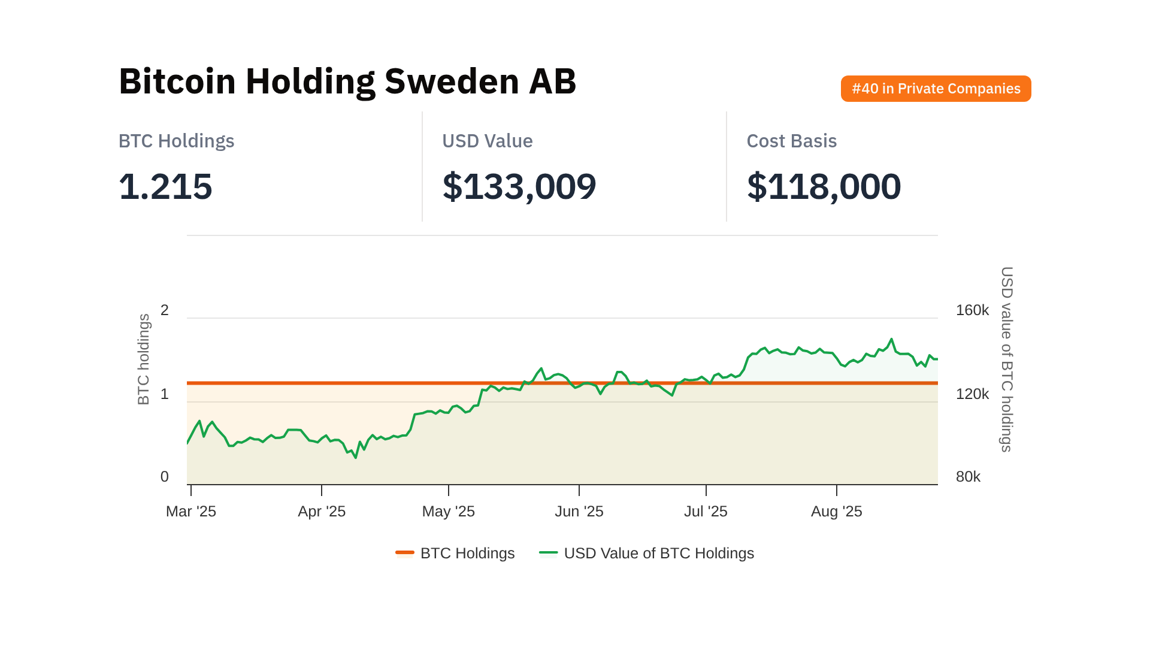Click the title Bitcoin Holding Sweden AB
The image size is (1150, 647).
click(x=347, y=81)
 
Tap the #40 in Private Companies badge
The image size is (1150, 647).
click(x=936, y=89)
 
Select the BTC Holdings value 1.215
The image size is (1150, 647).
click(x=165, y=186)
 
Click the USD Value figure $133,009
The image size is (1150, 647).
click(x=519, y=186)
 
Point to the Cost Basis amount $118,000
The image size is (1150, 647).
click(x=824, y=186)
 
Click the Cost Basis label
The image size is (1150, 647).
click(x=791, y=141)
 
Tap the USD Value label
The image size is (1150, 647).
click(x=487, y=141)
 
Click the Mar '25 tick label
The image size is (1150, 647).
click(x=190, y=511)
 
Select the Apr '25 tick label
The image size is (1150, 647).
click(x=322, y=511)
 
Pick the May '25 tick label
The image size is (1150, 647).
click(x=448, y=511)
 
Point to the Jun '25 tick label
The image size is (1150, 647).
click(x=579, y=511)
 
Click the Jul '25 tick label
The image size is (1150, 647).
click(x=706, y=511)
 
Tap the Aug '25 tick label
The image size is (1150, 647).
click(x=836, y=511)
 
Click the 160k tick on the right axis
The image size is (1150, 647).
click(x=972, y=310)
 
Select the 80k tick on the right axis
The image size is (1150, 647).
click(x=968, y=477)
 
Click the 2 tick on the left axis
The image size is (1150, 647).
click(x=165, y=310)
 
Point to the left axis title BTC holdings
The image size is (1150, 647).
click(x=144, y=359)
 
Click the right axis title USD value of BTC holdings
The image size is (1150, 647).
click(x=1007, y=359)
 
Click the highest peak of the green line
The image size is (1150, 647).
click(x=891, y=339)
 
